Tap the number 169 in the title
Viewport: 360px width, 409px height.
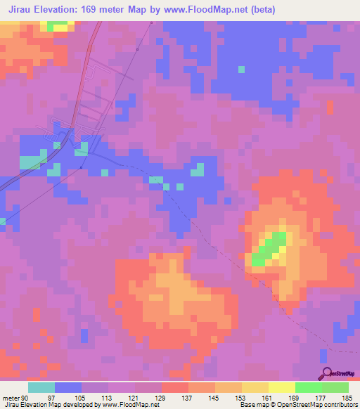[x=96, y=9]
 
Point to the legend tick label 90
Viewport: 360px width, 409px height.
[x=25, y=398]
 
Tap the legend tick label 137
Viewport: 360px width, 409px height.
[x=188, y=398]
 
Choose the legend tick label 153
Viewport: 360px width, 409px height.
[x=241, y=398]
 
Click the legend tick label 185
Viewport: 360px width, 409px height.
[x=347, y=398]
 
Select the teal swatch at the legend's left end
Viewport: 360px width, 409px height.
[x=41, y=387]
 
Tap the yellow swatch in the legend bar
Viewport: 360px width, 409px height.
[x=281, y=387]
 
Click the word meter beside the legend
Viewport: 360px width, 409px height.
[x=11, y=398]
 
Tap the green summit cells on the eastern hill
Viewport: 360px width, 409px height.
[x=270, y=249]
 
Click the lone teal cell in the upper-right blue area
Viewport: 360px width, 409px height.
[x=242, y=70]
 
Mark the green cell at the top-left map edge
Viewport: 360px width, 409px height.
[x=58, y=25]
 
